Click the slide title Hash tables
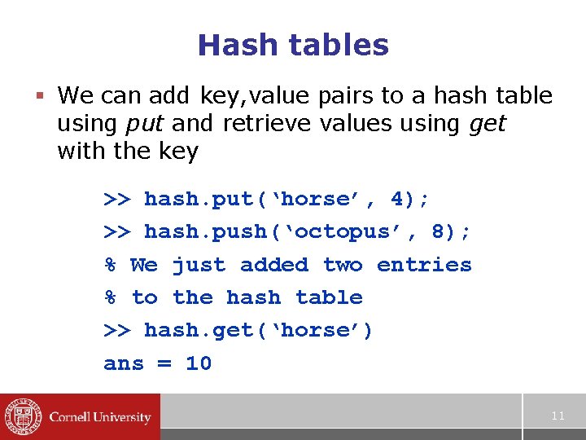click(293, 45)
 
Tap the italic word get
click(488, 124)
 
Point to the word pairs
click(345, 96)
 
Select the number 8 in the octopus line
click(438, 231)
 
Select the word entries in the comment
click(424, 265)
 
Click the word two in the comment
click(342, 265)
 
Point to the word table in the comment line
click(329, 297)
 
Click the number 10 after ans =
click(199, 363)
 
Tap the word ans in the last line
click(124, 363)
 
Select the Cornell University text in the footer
click(100, 417)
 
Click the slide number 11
click(558, 416)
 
